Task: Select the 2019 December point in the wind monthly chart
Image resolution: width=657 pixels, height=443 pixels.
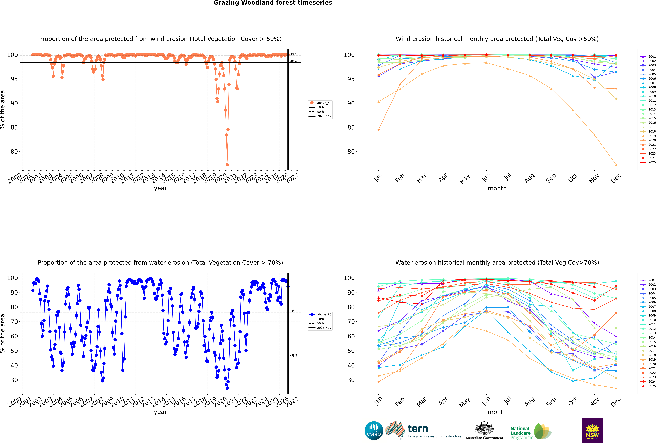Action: pos(616,165)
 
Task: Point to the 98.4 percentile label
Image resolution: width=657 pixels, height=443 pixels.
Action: pos(293,61)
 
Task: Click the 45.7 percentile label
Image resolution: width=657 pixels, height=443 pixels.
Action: pos(293,356)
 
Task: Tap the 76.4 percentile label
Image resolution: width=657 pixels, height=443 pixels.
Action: pos(293,311)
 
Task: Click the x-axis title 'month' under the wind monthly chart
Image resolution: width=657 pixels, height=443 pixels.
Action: pos(497,188)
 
